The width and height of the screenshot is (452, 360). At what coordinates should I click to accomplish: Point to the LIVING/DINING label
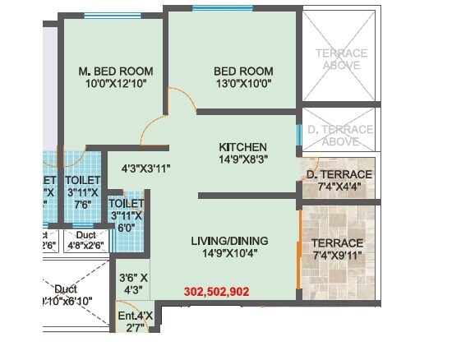[x=229, y=241]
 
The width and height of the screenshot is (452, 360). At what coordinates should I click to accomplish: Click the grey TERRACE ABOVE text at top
[x=340, y=59]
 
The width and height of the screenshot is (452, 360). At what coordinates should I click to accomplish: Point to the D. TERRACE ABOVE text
[x=340, y=136]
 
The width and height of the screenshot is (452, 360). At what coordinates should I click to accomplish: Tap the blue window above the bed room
[x=222, y=8]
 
